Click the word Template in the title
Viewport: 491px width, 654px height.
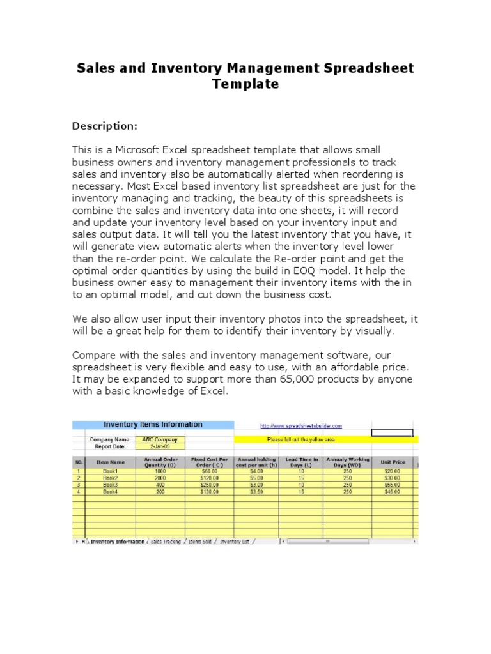coord(245,84)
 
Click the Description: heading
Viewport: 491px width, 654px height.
coord(104,125)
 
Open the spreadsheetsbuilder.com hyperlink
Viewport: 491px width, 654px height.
coord(300,425)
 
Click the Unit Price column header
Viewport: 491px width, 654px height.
coord(393,462)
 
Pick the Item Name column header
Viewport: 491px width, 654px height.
coord(110,462)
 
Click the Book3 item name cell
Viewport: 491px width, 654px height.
coord(110,485)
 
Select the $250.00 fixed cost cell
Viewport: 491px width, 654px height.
coord(209,485)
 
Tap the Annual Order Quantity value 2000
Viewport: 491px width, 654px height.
coord(160,478)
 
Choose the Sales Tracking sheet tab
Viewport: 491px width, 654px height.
coord(166,542)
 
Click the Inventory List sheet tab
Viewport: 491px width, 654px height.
coord(235,542)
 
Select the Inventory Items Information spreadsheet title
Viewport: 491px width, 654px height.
coord(153,425)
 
